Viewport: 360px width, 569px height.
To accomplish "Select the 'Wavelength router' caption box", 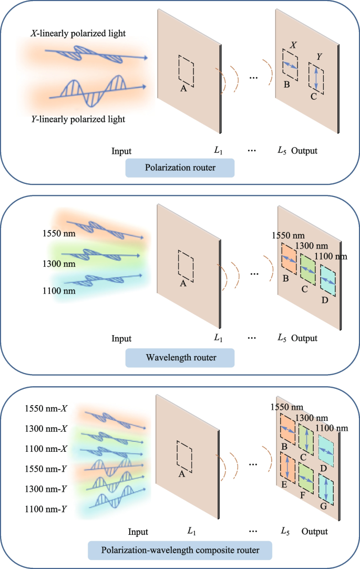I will point(180,359).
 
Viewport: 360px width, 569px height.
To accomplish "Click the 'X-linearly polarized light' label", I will point(77,34).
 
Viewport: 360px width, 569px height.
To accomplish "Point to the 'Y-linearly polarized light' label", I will point(77,119).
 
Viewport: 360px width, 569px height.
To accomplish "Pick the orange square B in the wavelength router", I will point(289,257).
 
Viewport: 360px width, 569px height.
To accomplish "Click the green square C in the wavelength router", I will point(308,269).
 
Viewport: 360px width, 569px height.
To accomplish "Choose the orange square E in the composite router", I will point(287,467).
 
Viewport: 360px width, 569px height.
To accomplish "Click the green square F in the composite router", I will point(306,478).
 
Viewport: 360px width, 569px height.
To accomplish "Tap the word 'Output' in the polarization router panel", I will point(305,151).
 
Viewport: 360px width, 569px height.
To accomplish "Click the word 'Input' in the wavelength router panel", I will point(121,339).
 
